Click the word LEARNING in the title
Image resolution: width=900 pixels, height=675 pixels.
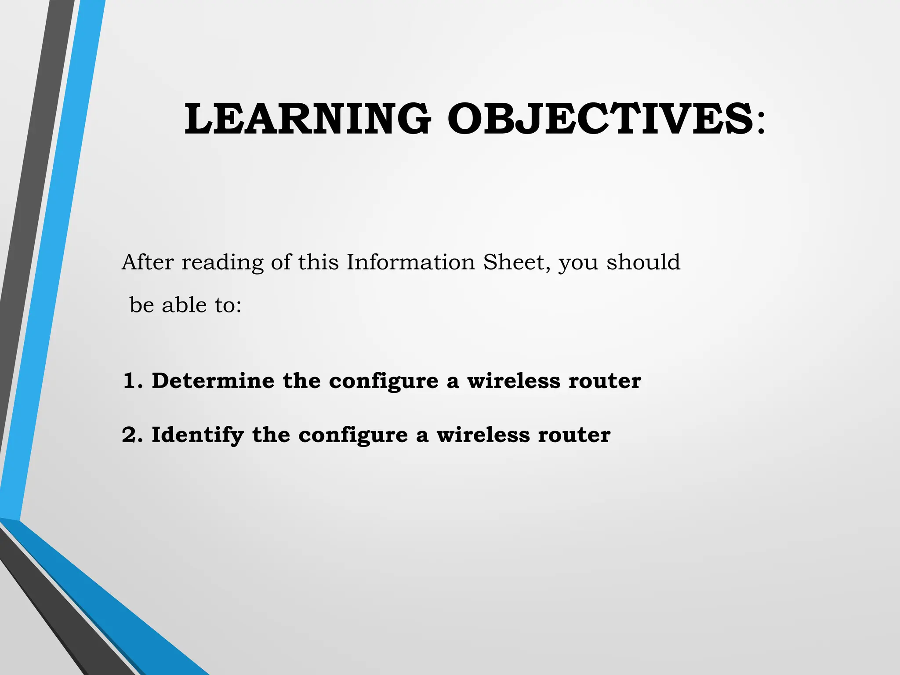[x=307, y=119]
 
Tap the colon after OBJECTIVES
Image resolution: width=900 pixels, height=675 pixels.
[x=761, y=122]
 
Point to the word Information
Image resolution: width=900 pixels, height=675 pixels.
[x=411, y=262]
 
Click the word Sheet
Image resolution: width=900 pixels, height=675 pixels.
[x=514, y=262]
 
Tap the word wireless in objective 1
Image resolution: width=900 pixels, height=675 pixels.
[x=514, y=381]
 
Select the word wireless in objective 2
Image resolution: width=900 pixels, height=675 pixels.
[x=483, y=435]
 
